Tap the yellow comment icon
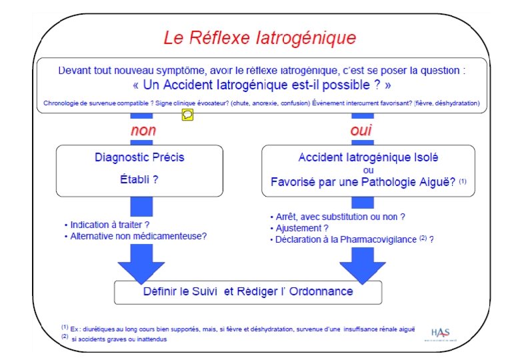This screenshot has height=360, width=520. click(x=188, y=115)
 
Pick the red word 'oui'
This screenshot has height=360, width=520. click(x=361, y=130)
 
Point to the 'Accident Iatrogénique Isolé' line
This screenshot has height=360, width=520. click(x=368, y=157)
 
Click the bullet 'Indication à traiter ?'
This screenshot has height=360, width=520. click(x=109, y=225)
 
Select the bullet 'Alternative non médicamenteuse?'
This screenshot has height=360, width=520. click(x=139, y=236)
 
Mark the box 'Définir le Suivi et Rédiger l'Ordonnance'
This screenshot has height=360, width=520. click(x=249, y=292)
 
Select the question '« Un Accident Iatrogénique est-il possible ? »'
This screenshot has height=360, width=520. click(x=262, y=85)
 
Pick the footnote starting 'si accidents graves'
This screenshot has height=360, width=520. click(x=120, y=339)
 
